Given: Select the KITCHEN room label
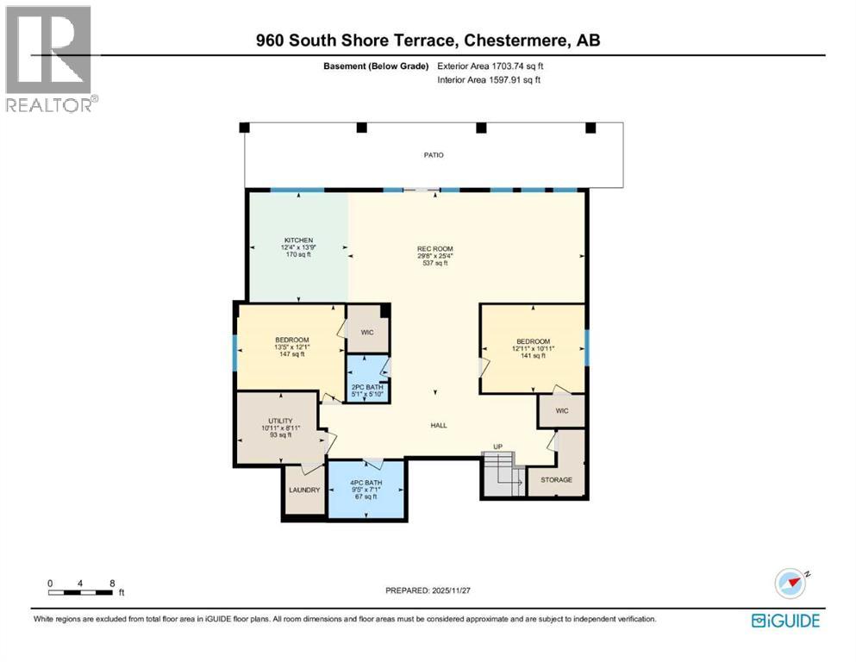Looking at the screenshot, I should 298,240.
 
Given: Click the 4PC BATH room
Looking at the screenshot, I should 366,489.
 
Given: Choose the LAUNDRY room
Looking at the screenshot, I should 304,490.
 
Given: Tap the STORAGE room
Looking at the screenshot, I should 557,479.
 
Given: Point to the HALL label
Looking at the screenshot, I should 438,425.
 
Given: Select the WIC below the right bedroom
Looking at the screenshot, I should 561,411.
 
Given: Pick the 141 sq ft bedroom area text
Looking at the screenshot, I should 532,355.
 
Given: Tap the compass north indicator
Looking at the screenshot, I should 791,584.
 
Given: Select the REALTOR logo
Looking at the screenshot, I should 50,59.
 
